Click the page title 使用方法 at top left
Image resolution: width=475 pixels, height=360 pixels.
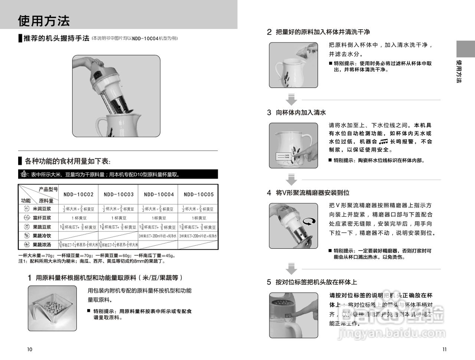pos(44,21)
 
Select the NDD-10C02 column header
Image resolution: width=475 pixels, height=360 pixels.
pos(78,194)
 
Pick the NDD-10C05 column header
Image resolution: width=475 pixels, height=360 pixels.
pos(199,194)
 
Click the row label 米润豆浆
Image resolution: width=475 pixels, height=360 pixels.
pos(42,209)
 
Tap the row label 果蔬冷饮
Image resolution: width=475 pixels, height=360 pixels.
pos(42,236)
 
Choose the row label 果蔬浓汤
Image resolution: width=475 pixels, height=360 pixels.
pos(42,245)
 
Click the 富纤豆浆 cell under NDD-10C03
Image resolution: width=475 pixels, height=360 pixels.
pos(118,218)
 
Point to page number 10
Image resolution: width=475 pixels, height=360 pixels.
pos(30,349)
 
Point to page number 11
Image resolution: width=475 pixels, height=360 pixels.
pos(445,349)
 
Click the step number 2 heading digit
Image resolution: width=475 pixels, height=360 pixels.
pos(269,32)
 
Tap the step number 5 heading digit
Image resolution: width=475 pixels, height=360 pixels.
pos(269,282)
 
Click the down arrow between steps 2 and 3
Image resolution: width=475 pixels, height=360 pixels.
pos(292,100)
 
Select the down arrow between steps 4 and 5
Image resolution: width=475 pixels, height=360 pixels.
pos(292,269)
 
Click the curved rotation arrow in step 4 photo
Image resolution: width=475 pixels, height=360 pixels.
pos(310,221)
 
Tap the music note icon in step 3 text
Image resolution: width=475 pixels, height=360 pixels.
pos(383,142)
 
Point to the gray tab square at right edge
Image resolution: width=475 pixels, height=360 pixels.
pos(465,49)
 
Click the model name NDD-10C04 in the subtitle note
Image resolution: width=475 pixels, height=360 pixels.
pos(145,38)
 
